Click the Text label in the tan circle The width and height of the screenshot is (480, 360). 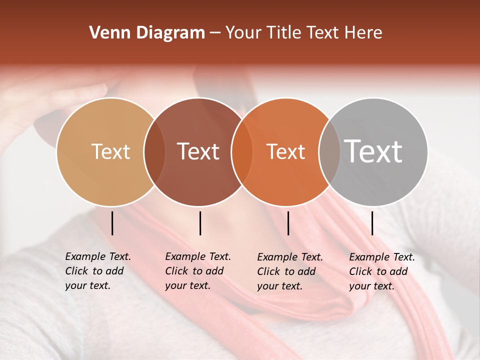[x=110, y=151]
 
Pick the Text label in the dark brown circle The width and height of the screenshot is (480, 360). [x=198, y=151]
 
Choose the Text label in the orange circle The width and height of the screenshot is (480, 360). [x=285, y=151]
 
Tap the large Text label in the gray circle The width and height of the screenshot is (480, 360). [x=373, y=151]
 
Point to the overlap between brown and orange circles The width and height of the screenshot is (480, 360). [x=242, y=151]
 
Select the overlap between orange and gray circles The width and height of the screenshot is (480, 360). [x=329, y=151]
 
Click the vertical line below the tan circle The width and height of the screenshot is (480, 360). [x=112, y=223]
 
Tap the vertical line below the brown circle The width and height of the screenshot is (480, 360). [x=200, y=223]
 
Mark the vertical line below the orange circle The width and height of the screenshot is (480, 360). [x=288, y=223]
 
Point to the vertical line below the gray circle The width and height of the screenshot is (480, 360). [x=372, y=223]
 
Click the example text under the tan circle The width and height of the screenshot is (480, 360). [x=97, y=271]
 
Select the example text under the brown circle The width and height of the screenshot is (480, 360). [x=197, y=271]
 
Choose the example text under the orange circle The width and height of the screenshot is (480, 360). [x=289, y=271]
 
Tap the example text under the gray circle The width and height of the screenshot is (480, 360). [x=381, y=271]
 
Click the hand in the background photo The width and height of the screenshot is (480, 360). [x=60, y=100]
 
